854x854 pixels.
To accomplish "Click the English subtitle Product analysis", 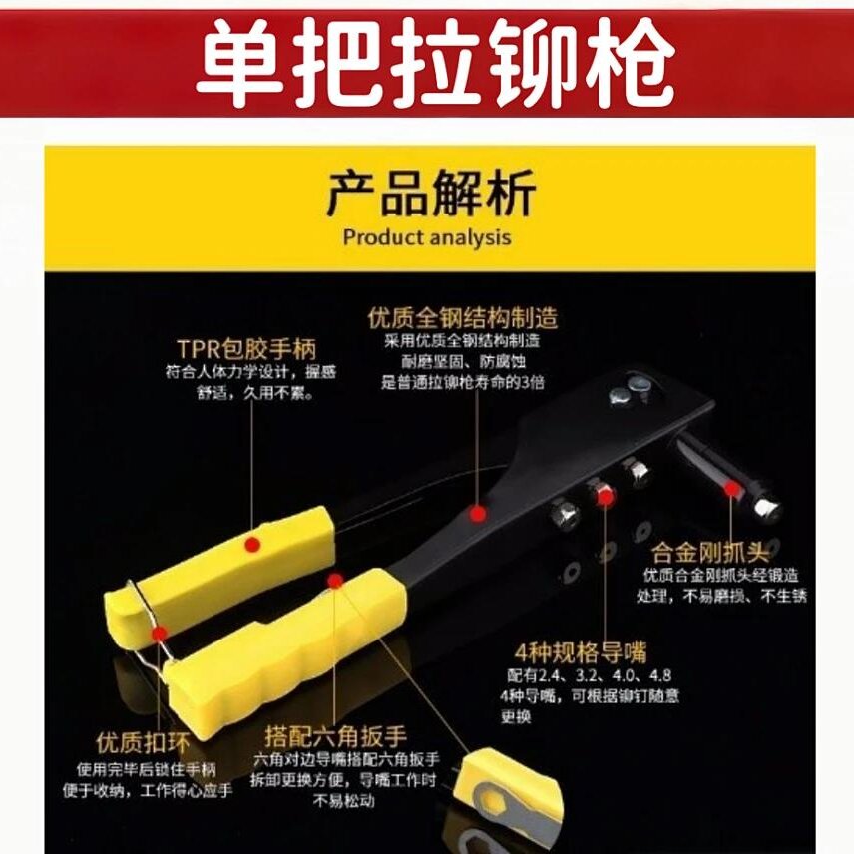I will pyautogui.click(x=426, y=237).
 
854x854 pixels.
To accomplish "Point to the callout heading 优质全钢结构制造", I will pyautogui.click(x=462, y=318).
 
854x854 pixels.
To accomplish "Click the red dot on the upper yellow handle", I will pyautogui.click(x=253, y=544).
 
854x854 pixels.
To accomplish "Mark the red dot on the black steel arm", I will pyautogui.click(x=479, y=514).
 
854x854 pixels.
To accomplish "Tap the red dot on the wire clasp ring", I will pyautogui.click(x=158, y=632).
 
